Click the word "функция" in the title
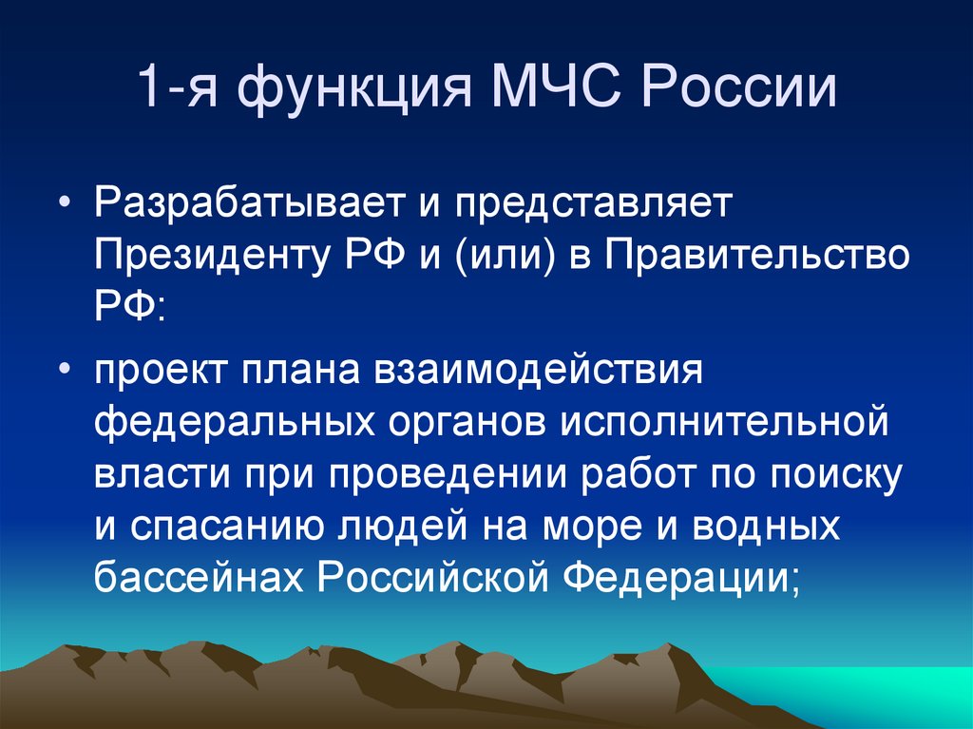(x=352, y=89)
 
